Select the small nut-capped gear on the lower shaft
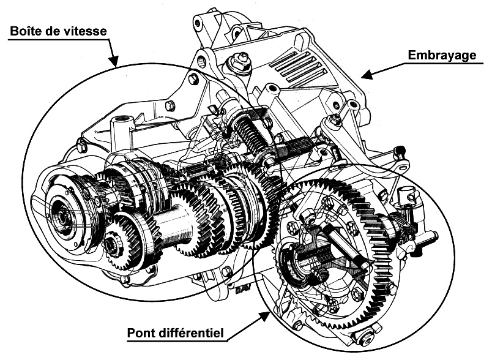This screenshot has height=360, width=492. [x=113, y=245]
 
